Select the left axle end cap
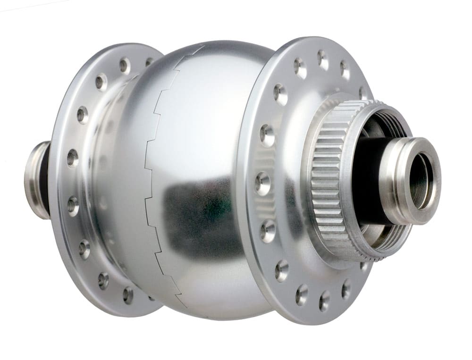click(35, 179)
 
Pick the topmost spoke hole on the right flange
click(323, 59)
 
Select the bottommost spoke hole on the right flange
click(325, 300)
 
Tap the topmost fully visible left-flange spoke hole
click(125, 65)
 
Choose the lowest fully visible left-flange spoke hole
click(128, 295)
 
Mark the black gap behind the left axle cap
click(44, 179)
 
